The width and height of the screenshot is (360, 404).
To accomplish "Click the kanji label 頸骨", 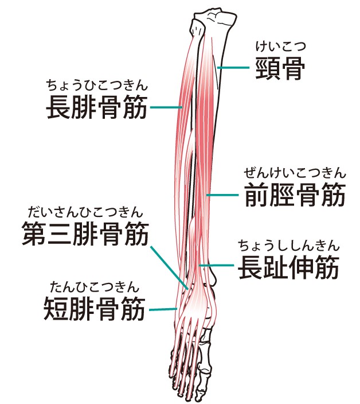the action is click(280, 68).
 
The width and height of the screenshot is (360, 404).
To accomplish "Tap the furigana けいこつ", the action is click(280, 46).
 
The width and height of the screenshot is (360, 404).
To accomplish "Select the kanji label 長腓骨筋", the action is click(97, 107).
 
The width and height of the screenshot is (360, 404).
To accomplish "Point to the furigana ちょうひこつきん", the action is click(97, 86).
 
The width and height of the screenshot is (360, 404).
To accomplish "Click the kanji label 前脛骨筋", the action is click(295, 195).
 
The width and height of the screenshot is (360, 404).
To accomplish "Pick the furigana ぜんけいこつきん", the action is click(295, 173).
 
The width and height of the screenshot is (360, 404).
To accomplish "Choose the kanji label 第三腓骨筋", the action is click(85, 234).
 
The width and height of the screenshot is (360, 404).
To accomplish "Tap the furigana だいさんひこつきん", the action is click(85, 212).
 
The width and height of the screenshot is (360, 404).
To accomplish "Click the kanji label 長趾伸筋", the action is click(289, 267).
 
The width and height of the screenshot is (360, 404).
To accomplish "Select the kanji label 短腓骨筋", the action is click(95, 308).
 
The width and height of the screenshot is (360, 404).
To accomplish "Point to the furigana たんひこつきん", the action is click(95, 287).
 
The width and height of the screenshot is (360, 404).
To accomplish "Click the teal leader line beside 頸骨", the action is click(233, 68).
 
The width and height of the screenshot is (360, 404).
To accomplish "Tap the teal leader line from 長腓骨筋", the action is click(166, 107).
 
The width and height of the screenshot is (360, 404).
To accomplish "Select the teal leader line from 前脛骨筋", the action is click(222, 195).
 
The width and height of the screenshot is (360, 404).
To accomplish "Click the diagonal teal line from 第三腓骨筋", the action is click(169, 268).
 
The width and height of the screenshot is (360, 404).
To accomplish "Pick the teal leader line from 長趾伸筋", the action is click(217, 265).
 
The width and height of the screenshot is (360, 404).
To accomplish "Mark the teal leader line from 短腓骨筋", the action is click(163, 309).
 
